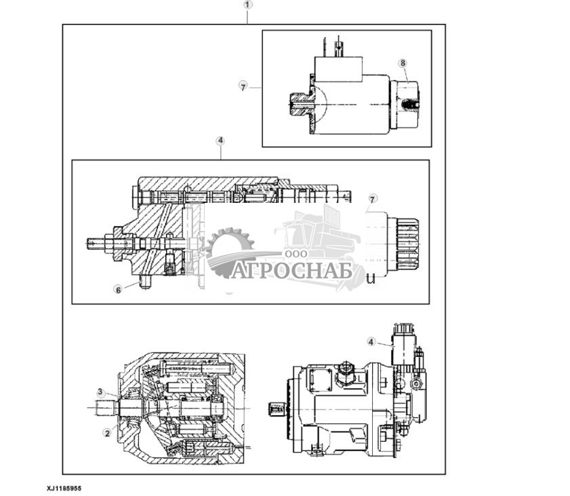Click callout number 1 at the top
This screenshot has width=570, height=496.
[247, 4]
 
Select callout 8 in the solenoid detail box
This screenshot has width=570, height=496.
[403, 63]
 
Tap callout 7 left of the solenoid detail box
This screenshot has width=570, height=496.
[242, 86]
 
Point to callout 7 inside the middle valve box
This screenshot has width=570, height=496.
[371, 198]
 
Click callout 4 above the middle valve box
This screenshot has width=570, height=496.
[220, 140]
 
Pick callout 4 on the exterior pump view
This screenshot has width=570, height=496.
[371, 341]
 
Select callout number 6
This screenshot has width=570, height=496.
[118, 289]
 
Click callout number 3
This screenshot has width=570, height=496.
[100, 392]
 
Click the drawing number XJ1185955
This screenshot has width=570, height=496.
[68, 488]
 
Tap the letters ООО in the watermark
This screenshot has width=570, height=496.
[296, 253]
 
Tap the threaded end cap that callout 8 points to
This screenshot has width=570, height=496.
[405, 104]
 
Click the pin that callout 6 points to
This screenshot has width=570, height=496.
[144, 282]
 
